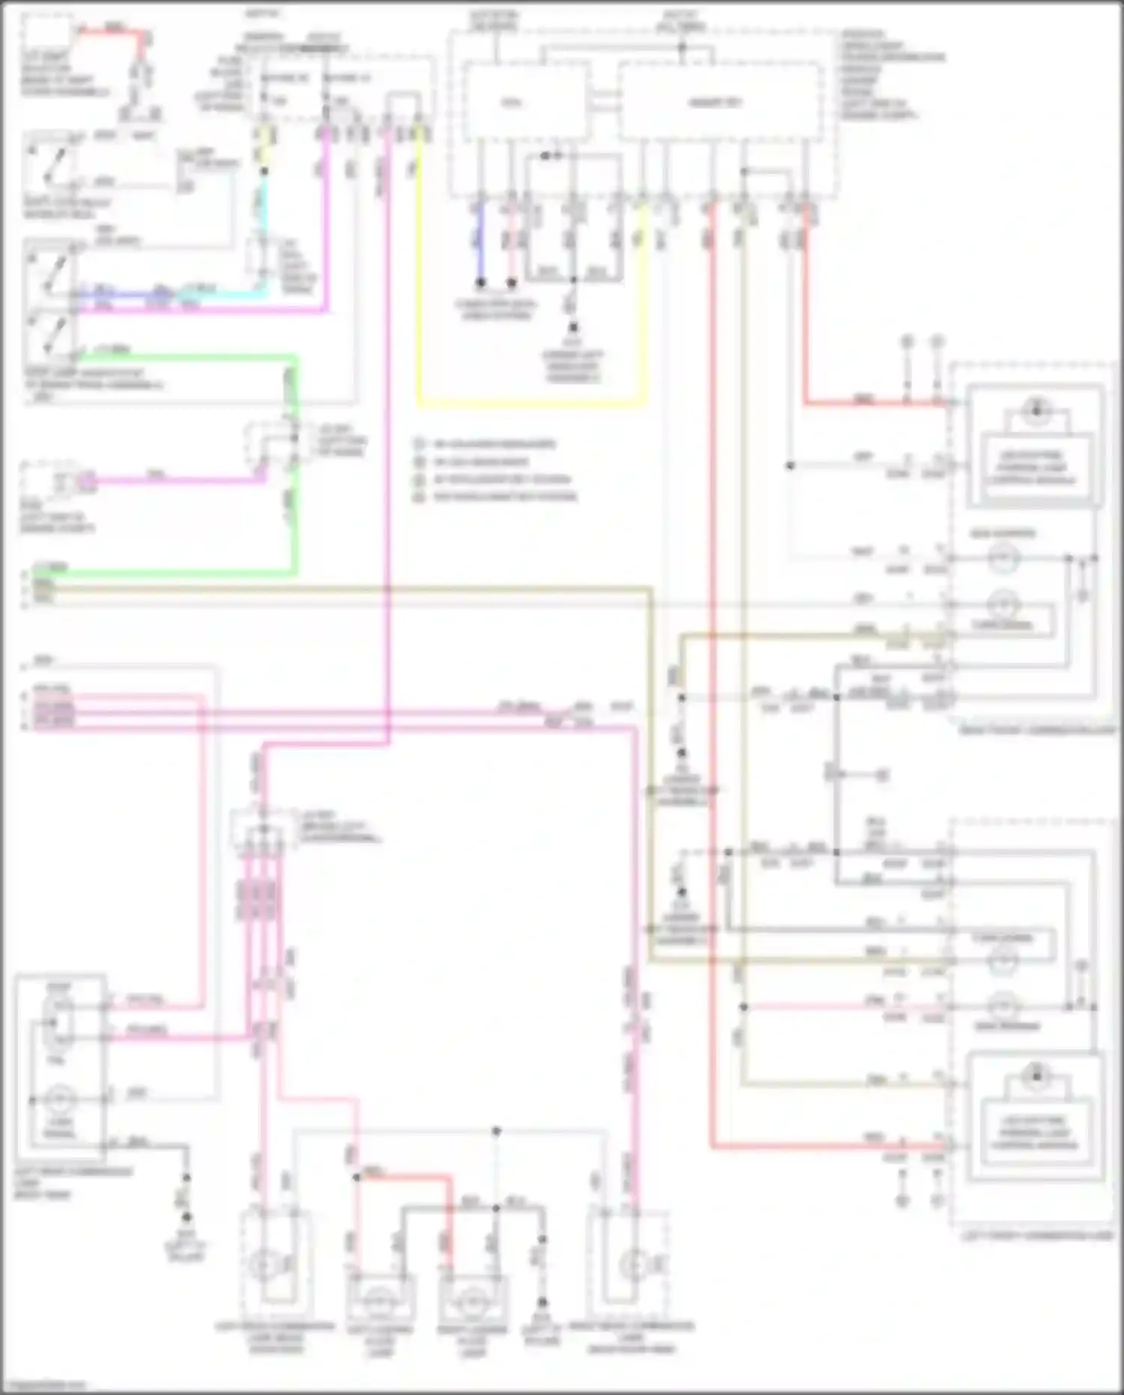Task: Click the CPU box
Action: point(525,102)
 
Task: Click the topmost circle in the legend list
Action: point(420,444)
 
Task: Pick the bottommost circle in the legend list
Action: point(420,496)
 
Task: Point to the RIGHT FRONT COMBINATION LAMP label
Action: point(1037,729)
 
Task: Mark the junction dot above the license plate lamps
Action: point(496,1130)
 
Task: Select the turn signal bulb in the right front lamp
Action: point(1004,605)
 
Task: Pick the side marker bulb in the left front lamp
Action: point(1004,1004)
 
